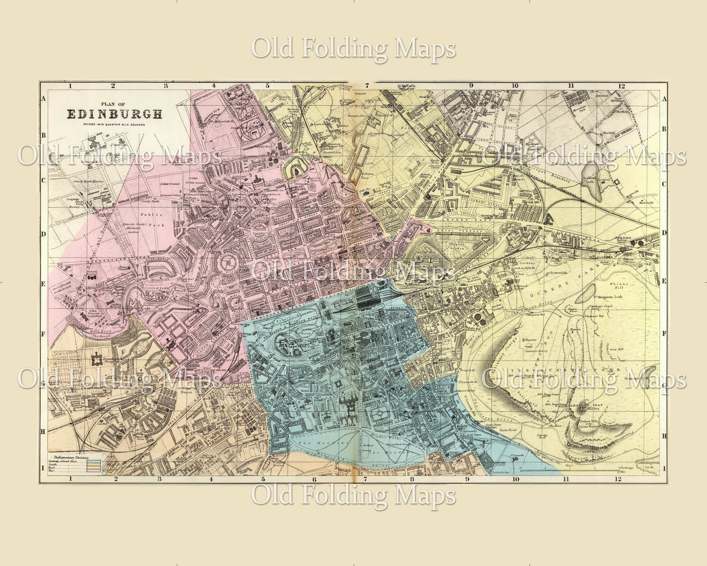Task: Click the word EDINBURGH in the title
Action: tap(114, 114)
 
